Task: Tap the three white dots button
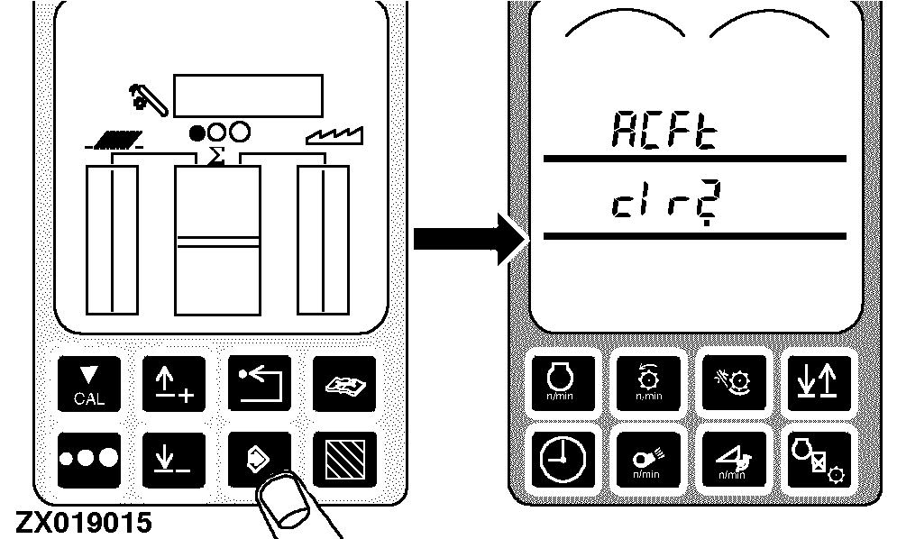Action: [88, 460]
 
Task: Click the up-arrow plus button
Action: [174, 383]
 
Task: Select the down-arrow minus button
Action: [174, 460]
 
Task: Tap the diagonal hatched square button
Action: [344, 460]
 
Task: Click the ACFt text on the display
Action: [664, 130]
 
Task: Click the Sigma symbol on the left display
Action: [215, 156]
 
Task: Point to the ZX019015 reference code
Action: [84, 523]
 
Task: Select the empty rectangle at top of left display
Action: [248, 96]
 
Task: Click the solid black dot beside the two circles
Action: [197, 133]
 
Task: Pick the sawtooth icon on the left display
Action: [334, 135]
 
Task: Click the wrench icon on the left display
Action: [148, 99]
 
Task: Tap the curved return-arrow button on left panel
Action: [259, 383]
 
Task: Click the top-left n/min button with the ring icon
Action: [563, 383]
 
